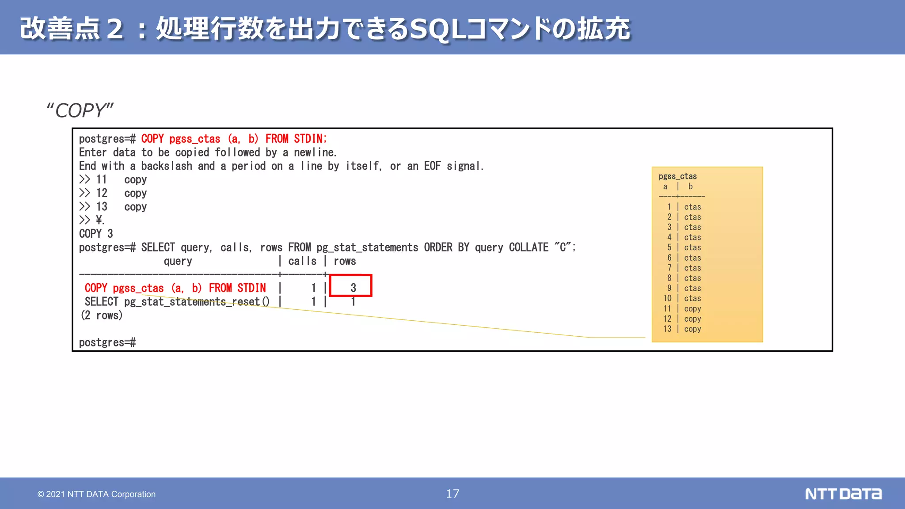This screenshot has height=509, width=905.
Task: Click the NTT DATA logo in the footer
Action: [x=843, y=494]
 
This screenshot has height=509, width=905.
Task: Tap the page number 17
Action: [x=452, y=494]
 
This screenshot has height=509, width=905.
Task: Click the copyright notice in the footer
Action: [x=96, y=494]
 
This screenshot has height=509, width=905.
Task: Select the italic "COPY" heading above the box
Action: [x=80, y=110]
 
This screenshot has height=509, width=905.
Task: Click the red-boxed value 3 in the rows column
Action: [x=353, y=288]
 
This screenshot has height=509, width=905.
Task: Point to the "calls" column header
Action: [x=302, y=261]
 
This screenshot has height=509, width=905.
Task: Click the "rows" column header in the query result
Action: [x=345, y=261]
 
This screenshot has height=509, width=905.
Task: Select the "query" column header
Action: [x=178, y=261]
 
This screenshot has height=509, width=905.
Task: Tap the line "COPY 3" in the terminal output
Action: [x=96, y=234]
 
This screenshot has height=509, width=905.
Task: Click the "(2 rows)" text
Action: [x=102, y=315]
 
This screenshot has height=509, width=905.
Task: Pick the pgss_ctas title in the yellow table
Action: [x=677, y=176]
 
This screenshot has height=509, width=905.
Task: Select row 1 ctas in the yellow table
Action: [x=684, y=207]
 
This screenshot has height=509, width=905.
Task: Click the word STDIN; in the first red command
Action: [x=310, y=139]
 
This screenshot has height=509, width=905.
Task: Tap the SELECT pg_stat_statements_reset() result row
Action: [x=177, y=302]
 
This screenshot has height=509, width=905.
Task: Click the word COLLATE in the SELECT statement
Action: [x=529, y=247]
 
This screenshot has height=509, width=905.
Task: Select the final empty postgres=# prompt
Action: [x=107, y=342]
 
